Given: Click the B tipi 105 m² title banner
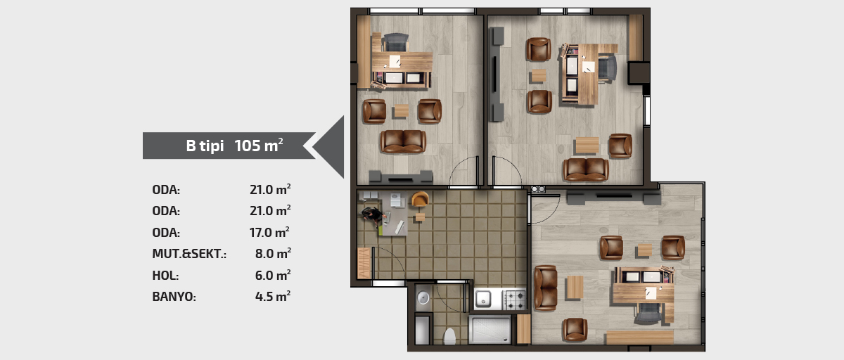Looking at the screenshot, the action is pos(229,146).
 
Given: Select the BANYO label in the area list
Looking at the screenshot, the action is pos(174,297).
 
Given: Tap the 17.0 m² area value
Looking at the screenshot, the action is pos(269,232).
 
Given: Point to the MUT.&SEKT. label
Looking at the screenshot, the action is pos(189,254).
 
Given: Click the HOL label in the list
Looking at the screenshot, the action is pos(165,275).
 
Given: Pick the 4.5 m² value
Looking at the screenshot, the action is pos(273,296).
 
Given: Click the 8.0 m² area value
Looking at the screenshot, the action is pos(273,253).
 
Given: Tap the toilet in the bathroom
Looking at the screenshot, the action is pos(449,336).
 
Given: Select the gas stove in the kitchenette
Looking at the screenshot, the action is pos(514,300).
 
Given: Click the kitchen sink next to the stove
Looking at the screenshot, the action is pos(483,300).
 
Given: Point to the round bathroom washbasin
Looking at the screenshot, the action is pos(423,298).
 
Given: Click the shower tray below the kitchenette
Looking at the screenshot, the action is pos(490,330).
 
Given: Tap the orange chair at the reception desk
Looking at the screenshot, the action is pos(420,199).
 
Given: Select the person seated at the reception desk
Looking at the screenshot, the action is pos(373,216).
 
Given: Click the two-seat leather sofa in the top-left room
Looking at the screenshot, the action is pos(403,141).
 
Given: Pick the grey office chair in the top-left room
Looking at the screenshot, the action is pos(395,42).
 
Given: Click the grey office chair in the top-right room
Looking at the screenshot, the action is pos(608,68).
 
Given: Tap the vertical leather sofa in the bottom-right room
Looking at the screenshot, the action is pos(545,288).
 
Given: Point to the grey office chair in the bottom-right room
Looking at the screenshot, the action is pos(648,313).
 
